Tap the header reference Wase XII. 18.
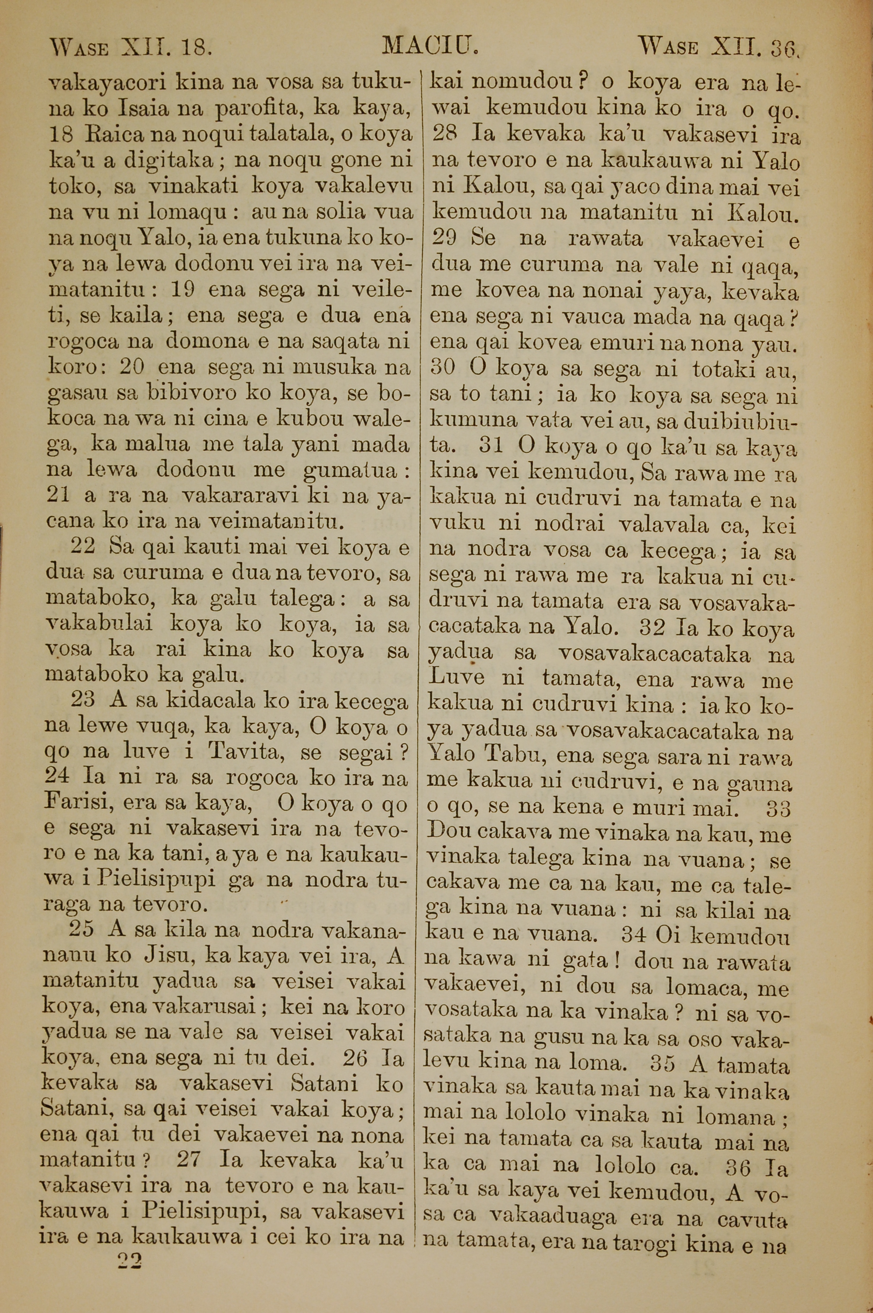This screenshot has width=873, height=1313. [131, 48]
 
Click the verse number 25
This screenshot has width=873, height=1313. [82, 930]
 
